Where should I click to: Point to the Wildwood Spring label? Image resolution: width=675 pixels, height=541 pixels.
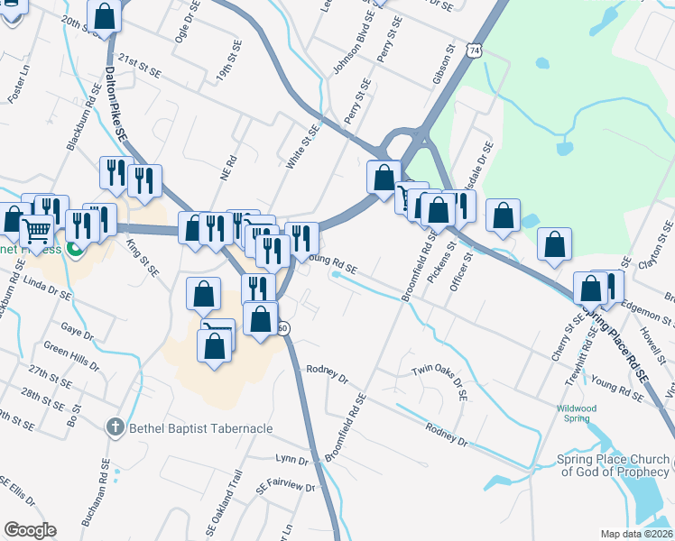576,414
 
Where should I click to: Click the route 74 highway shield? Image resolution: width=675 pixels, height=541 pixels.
475,52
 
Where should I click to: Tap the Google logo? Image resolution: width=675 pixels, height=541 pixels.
30,530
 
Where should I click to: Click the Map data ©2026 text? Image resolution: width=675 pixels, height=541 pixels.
636,534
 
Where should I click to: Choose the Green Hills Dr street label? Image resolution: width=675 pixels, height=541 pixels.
71,355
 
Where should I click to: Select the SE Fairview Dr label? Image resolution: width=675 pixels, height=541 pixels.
285,487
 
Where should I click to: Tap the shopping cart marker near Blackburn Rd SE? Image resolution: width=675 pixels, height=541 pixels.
36,232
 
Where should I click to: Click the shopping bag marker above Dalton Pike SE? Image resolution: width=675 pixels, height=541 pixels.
106,16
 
